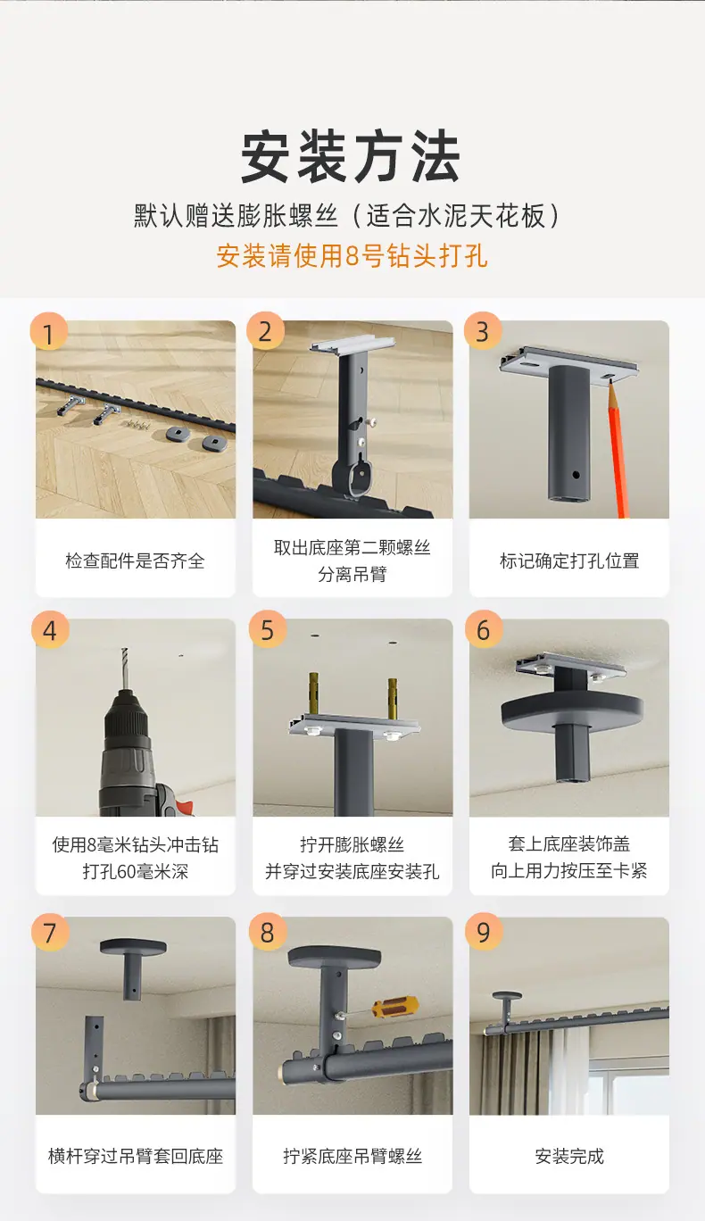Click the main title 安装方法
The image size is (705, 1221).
tap(352, 156)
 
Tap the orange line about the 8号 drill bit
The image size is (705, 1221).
tap(352, 255)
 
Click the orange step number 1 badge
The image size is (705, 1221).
tap(48, 332)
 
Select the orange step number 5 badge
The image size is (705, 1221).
tap(267, 629)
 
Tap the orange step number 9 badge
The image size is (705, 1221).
tap(484, 932)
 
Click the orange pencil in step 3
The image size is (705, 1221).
tap(618, 449)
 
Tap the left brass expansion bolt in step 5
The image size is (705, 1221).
tap(314, 695)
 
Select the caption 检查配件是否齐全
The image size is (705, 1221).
tap(135, 561)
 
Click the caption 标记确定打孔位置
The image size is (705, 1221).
tap(569, 561)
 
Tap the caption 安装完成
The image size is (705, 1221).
tap(569, 1156)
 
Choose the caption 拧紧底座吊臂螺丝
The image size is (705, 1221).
tap(352, 1156)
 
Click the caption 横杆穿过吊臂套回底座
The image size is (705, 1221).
tap(136, 1156)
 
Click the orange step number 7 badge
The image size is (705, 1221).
tap(50, 932)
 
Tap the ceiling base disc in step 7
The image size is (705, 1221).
tap(134, 946)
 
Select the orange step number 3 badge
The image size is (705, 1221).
tap(482, 331)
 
